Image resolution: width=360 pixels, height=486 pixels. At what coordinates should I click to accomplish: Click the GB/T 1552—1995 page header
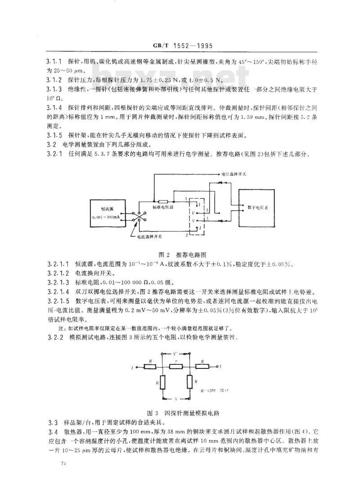coord(180,46)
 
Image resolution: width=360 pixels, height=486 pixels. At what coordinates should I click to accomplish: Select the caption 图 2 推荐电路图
coord(180,254)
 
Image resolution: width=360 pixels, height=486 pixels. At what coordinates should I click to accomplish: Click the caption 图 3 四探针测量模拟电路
coord(180,412)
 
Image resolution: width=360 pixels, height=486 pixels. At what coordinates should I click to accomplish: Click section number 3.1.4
coord(54,108)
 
